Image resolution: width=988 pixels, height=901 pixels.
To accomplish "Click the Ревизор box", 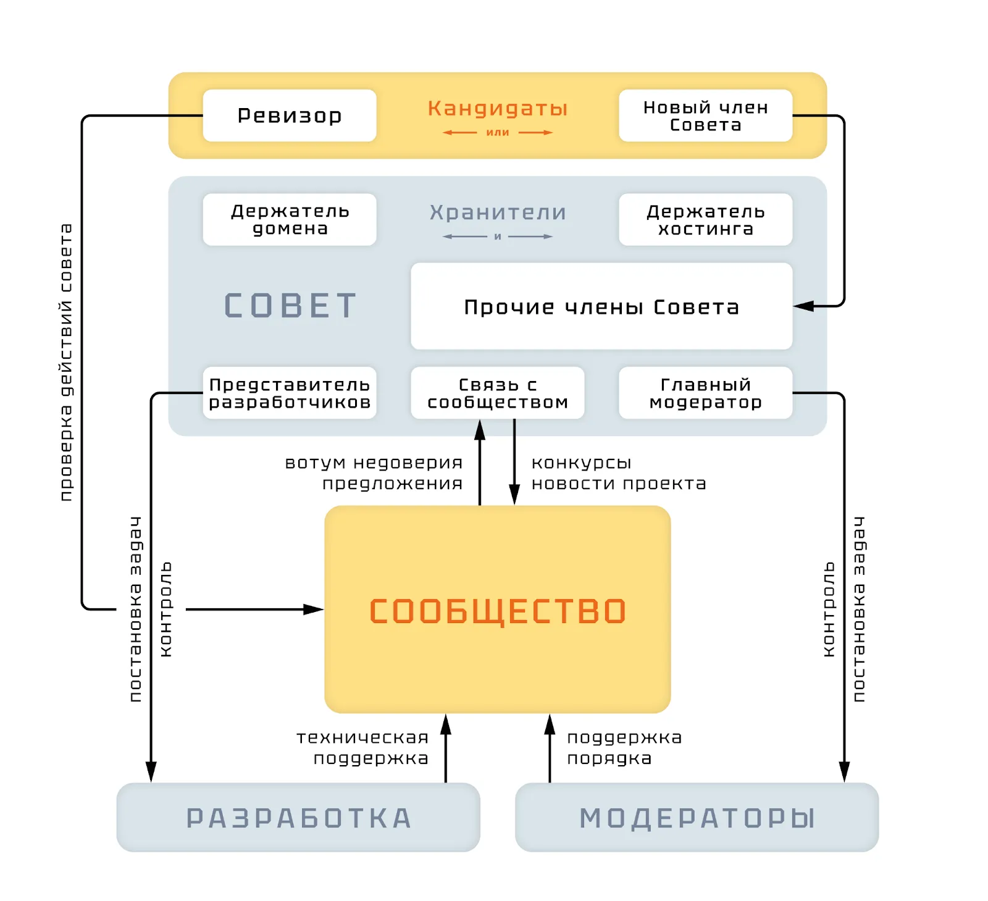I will tap(289, 115).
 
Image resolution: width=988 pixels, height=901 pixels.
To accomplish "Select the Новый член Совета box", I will tap(705, 115).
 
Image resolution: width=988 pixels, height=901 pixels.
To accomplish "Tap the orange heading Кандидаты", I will tap(497, 109).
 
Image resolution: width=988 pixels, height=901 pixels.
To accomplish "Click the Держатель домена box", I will tap(289, 220).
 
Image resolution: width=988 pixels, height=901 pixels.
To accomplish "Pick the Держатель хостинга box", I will tap(705, 220).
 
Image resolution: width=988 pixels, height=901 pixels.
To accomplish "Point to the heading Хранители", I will tap(498, 212).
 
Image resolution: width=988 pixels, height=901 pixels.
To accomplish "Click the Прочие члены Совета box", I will tap(601, 306).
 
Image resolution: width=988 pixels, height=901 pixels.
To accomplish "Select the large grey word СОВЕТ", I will tap(290, 306).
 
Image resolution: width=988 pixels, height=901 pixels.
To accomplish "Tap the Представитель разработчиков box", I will tap(289, 393).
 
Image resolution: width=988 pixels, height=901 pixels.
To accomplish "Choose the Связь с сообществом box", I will tap(497, 393).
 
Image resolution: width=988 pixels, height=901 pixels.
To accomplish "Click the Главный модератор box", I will tap(705, 393).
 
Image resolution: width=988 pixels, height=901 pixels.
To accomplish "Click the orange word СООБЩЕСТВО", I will tap(498, 611).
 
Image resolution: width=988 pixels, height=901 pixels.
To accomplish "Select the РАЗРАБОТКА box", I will tap(298, 818).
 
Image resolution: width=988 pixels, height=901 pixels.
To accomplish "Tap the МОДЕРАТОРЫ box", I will tap(697, 818).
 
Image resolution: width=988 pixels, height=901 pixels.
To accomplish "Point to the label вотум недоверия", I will tap(374, 463).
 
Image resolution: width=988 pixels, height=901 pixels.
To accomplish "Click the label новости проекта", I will tap(619, 484).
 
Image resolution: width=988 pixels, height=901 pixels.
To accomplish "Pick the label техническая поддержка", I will tap(363, 747).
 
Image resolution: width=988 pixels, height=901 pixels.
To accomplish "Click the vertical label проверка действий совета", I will tap(66, 362).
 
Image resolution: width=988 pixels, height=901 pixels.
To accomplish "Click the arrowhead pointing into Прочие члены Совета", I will tap(803, 306).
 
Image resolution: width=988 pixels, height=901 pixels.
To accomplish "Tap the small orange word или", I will tap(498, 132).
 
